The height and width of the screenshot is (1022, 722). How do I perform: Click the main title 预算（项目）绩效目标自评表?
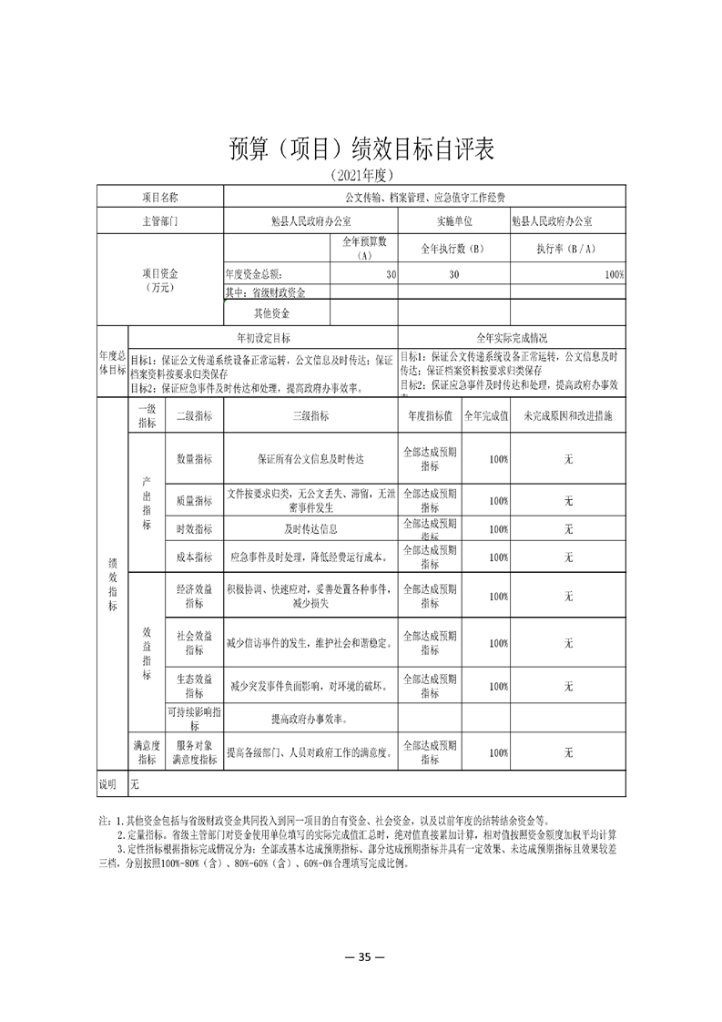(361, 148)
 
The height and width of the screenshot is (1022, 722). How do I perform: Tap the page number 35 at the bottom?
(361, 956)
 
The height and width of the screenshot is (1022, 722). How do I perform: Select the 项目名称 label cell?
(160, 197)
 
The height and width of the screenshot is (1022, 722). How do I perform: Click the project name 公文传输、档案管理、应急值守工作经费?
(424, 197)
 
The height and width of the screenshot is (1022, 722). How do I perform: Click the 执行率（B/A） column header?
(566, 248)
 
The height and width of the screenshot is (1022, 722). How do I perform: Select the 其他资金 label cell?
(271, 313)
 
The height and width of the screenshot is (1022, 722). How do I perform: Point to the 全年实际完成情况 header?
(513, 337)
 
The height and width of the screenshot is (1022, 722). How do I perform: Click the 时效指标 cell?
(194, 528)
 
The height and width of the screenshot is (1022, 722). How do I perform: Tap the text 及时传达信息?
(310, 528)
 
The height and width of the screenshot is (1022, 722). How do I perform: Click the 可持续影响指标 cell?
(194, 719)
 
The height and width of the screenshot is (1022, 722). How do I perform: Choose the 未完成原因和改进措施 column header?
(568, 415)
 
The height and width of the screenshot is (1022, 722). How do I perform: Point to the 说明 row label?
(109, 783)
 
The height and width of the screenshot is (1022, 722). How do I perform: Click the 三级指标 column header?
(310, 415)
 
